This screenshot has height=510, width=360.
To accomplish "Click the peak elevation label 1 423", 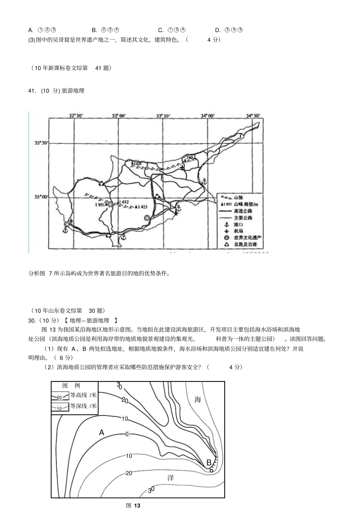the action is pos(141,207).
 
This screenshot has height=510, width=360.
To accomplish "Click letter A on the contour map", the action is pos(102,432).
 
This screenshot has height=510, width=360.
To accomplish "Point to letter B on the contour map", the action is pos(208,463).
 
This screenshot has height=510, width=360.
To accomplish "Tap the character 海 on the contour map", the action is pos(197,399).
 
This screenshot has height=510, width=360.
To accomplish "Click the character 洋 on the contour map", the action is pos(171,478).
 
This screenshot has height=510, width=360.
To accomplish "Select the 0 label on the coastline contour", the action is pos(127,434).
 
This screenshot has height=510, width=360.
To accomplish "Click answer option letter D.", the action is pos(218,30).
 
